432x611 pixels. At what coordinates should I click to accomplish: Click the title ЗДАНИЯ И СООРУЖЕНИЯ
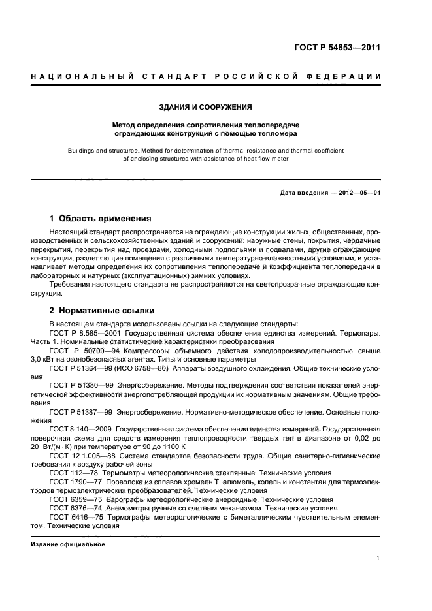206,106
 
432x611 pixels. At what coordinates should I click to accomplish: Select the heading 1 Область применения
101,218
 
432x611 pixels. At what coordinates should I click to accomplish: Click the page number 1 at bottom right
378,557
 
